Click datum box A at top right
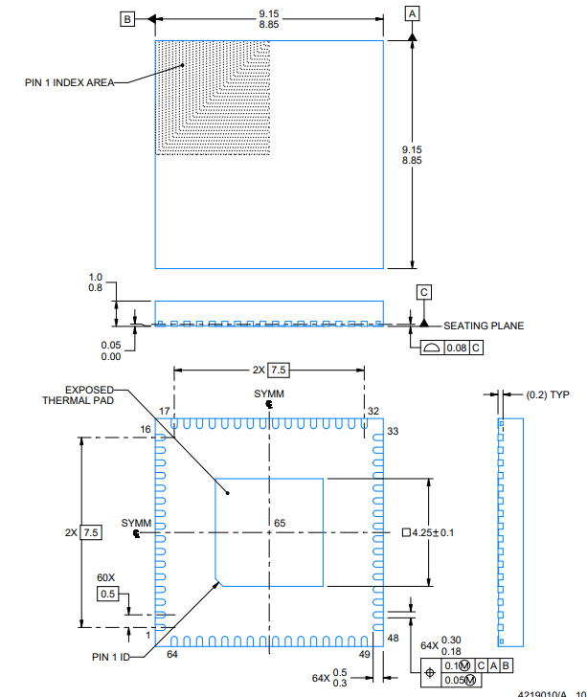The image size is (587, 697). coord(413,13)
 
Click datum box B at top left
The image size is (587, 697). coord(126,18)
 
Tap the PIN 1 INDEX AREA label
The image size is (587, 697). coord(69,82)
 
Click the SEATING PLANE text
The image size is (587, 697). coord(484,326)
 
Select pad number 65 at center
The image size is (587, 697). coord(280,523)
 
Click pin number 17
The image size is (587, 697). coord(165,411)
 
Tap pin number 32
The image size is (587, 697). coord(372,411)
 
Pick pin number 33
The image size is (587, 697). coord(393,432)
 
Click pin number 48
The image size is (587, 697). coord(393,638)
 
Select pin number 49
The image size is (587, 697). coord(364,654)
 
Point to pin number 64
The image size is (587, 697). coord(172,654)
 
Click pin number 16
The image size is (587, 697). coord(146,430)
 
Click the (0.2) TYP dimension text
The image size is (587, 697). coord(549,393)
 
